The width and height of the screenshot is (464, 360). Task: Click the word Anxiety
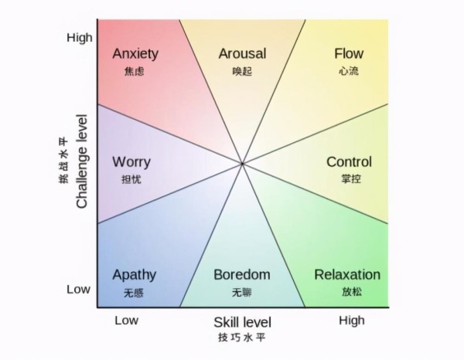[x=135, y=55]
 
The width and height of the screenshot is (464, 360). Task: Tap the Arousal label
[x=242, y=54]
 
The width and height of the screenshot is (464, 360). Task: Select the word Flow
[x=349, y=53]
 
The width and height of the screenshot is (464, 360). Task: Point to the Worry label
[x=131, y=162]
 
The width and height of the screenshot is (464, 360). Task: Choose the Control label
[x=350, y=162]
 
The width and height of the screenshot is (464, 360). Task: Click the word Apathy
[x=135, y=276]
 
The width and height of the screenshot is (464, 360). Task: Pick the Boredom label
[x=242, y=274]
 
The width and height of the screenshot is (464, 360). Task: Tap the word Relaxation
[x=347, y=274]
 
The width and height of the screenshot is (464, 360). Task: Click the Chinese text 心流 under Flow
[x=349, y=71]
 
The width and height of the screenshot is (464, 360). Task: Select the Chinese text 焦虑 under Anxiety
[x=134, y=72]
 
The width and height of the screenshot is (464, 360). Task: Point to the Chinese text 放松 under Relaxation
[x=352, y=292]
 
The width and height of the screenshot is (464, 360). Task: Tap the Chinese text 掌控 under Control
[x=351, y=178]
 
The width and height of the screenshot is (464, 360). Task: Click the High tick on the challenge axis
[x=80, y=38]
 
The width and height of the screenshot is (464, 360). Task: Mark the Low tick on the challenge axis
[x=78, y=290]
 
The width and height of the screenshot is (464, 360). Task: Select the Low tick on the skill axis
[x=126, y=321]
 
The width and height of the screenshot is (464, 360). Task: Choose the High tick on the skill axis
[x=352, y=321]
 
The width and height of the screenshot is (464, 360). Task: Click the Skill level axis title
[x=242, y=322]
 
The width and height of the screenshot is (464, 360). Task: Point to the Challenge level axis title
[x=82, y=161]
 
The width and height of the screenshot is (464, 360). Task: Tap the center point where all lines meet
[x=242, y=164]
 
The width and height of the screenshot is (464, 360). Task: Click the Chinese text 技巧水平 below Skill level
[x=242, y=338]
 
